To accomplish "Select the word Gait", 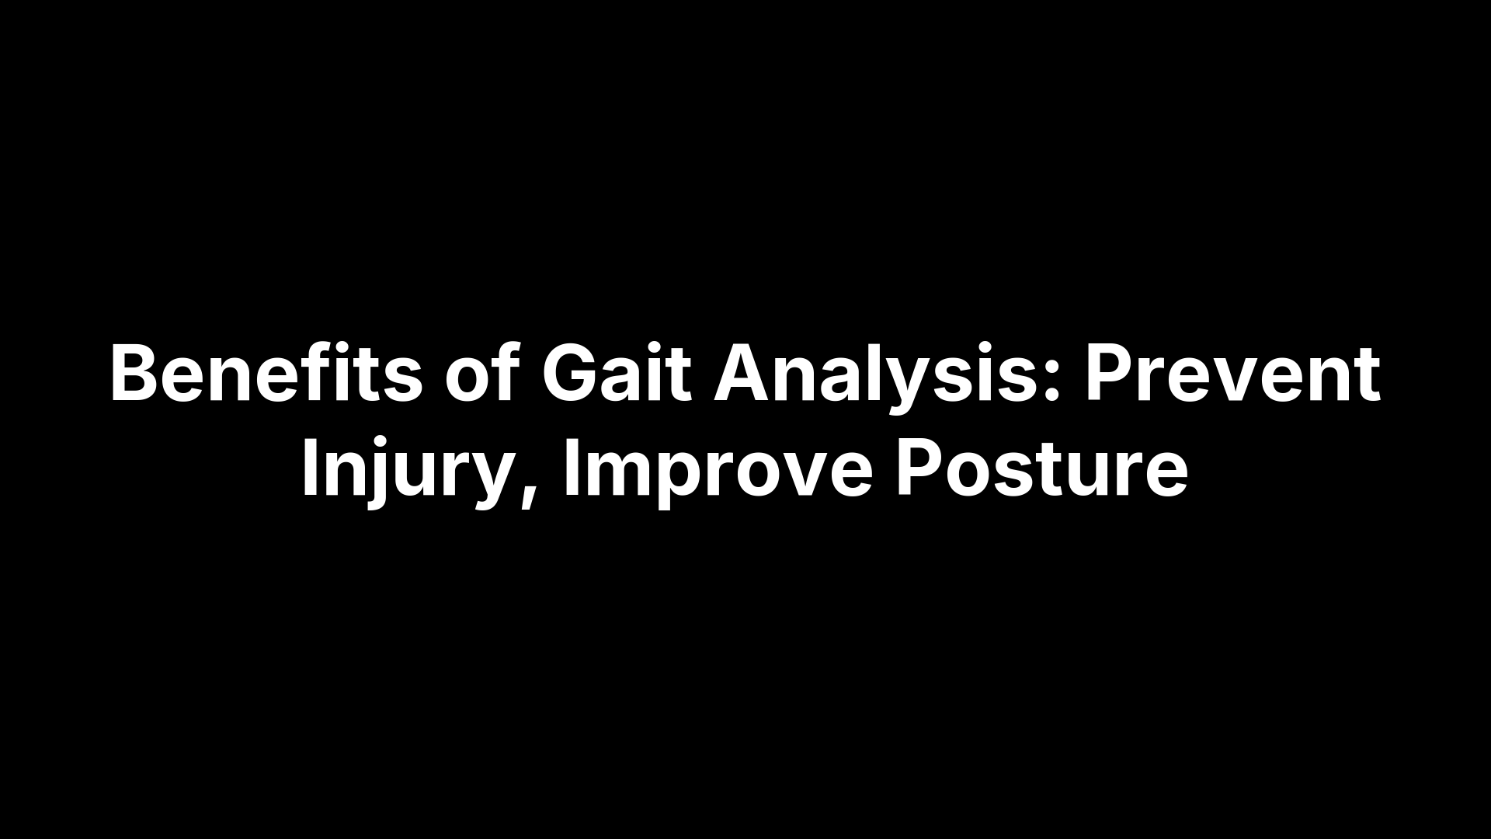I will (616, 374).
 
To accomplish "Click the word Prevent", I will (1232, 374).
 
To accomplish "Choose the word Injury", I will (404, 471).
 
